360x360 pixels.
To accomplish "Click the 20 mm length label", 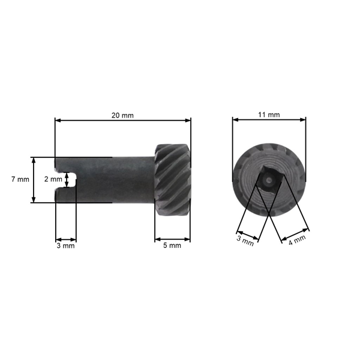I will click(123, 115).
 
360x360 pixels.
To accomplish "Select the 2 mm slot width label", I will click(53, 179).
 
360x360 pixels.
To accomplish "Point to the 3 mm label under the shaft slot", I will click(65, 245).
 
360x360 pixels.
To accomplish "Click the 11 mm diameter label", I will click(269, 115).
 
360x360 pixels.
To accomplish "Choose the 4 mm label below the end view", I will click(297, 240).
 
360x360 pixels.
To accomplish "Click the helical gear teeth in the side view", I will click(173, 179).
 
